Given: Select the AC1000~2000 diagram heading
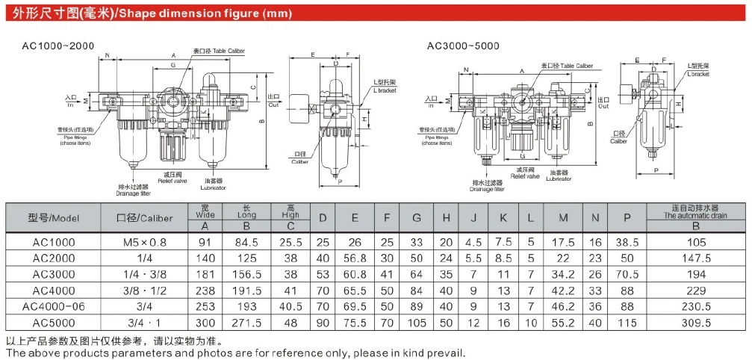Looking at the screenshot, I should tap(59, 46).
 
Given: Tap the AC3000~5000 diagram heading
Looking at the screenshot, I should tap(462, 46).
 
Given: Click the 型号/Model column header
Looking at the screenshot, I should tap(53, 218).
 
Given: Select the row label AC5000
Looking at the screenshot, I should tap(53, 323).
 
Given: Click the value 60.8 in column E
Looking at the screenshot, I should tap(355, 274).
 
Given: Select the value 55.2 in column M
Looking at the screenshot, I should tap(563, 323).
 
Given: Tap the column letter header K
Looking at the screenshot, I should tap(503, 218).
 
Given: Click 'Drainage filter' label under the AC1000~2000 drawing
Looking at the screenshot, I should tap(134, 194).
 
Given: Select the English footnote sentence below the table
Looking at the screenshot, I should tap(235, 353).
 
